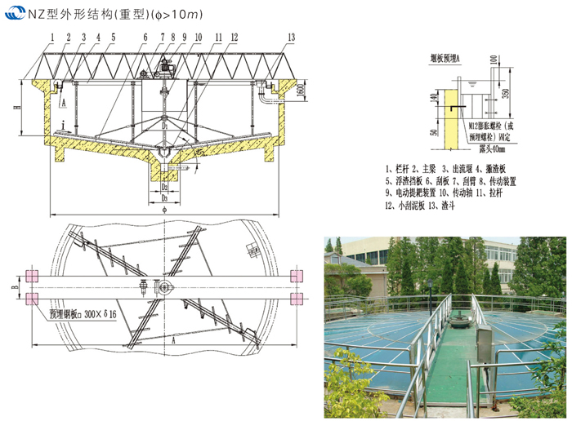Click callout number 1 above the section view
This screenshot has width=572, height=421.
(x=51, y=38)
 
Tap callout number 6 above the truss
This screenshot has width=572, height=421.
(x=144, y=38)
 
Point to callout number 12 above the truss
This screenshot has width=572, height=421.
(x=235, y=38)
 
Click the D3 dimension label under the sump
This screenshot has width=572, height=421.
(x=164, y=198)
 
